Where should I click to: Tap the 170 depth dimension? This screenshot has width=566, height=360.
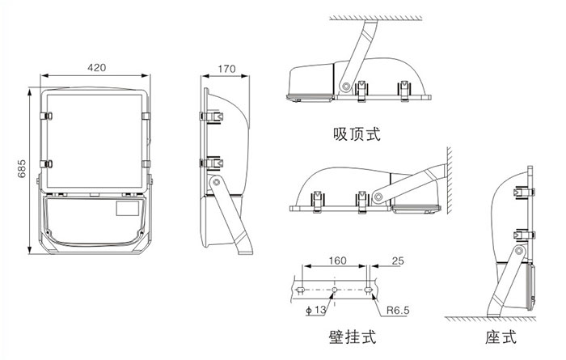(226, 69)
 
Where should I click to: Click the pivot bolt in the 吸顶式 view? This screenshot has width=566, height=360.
(346, 84)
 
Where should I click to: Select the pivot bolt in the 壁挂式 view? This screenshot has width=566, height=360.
(377, 196)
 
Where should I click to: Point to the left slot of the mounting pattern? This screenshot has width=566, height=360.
(302, 288)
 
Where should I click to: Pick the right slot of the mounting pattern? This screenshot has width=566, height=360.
(369, 288)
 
